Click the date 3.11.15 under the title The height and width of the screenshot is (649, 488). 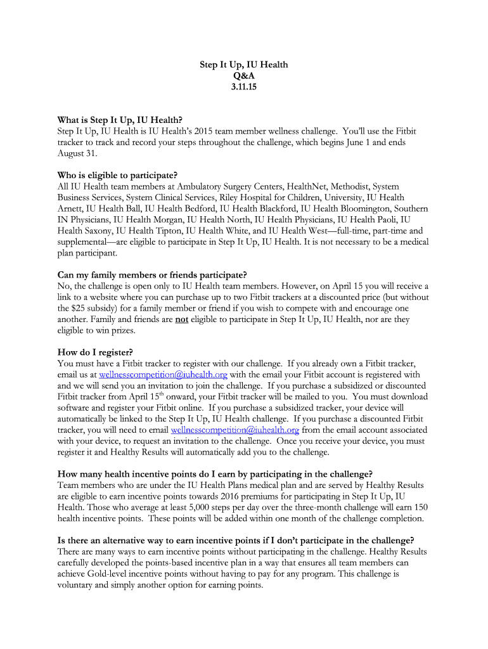coord(244,87)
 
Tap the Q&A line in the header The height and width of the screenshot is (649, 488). coord(244,76)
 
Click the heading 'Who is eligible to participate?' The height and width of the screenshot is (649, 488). coord(117,176)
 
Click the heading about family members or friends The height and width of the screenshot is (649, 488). coord(152,275)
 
